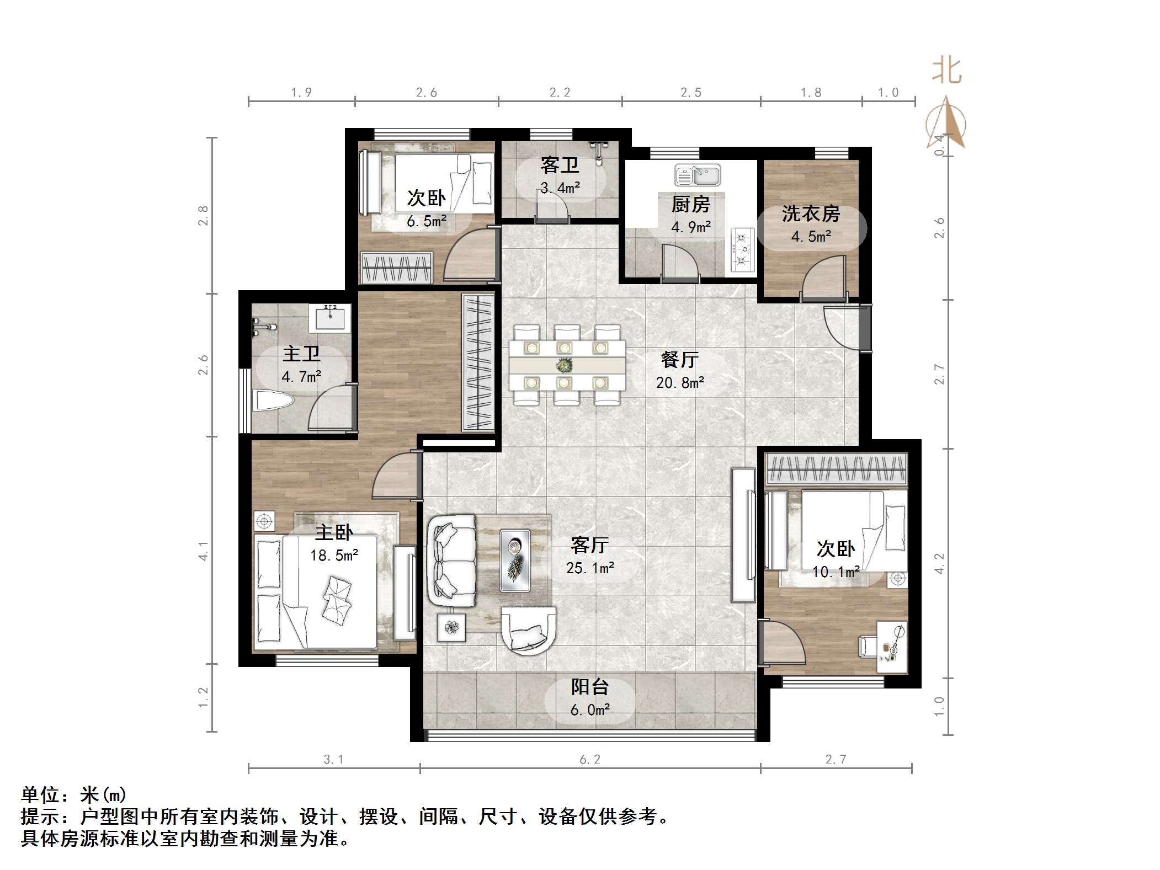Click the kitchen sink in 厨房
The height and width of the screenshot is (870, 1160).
tap(697, 175)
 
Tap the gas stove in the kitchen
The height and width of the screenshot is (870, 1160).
tap(742, 250)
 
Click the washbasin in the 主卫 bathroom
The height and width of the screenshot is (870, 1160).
tap(330, 318)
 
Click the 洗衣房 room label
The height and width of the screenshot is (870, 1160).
tap(810, 214)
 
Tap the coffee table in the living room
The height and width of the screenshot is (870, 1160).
tap(515, 560)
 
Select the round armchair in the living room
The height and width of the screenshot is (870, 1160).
tap(528, 629)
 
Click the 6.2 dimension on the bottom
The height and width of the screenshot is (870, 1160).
tap(589, 760)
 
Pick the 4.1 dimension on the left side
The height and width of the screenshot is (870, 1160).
tap(204, 551)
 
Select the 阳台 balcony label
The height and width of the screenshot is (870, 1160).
tap(589, 687)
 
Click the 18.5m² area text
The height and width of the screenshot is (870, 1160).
tap(334, 555)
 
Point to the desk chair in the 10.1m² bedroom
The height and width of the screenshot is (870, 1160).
tap(867, 646)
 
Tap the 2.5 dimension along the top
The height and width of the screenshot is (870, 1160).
tap(690, 93)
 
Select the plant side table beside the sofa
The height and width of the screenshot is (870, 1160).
tap(451, 627)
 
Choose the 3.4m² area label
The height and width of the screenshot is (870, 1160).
tap(560, 188)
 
